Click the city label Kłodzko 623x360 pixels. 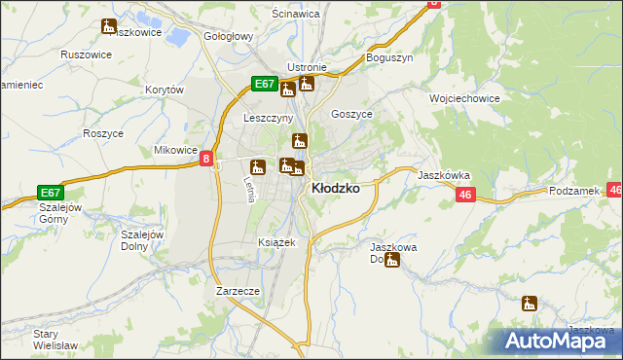(334, 189)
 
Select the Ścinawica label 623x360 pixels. (298, 16)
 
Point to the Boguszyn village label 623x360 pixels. (390, 58)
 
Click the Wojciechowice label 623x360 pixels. (464, 98)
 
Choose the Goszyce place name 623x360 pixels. (351, 114)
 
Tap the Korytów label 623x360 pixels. (165, 90)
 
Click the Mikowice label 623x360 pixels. (176, 151)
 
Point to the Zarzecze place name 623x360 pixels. (238, 291)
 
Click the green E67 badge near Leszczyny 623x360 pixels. (265, 85)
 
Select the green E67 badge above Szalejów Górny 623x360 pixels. (52, 192)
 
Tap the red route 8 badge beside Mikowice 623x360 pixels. (206, 159)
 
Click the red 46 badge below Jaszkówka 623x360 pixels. (465, 196)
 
